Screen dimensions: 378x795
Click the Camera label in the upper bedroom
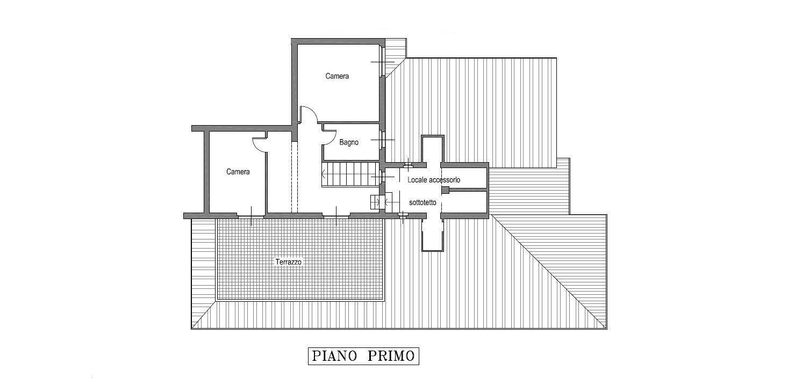point(337,76)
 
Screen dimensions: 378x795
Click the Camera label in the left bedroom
point(238,172)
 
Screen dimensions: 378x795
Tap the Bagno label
point(349,142)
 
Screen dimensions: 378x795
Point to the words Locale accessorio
point(434,180)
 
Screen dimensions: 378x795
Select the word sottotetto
point(422,202)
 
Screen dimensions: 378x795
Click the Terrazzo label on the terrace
point(289,262)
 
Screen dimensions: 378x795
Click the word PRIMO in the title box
point(391,356)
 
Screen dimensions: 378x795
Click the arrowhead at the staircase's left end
point(323,174)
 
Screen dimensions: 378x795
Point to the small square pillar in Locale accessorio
point(445,190)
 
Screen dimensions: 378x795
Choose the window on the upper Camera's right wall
point(383,62)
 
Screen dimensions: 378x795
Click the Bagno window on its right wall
point(382,140)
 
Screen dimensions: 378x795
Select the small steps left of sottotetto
point(375,202)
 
